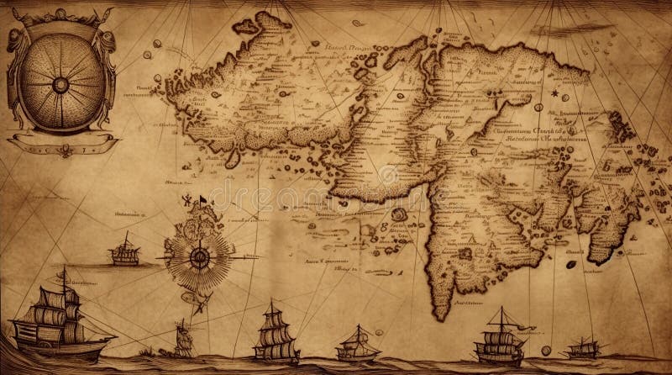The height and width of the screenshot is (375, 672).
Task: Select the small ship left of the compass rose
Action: tap(124, 250)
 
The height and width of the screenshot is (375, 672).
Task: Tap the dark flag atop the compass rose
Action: tap(201, 200)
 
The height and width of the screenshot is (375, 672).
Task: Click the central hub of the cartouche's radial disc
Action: tap(60, 84)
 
